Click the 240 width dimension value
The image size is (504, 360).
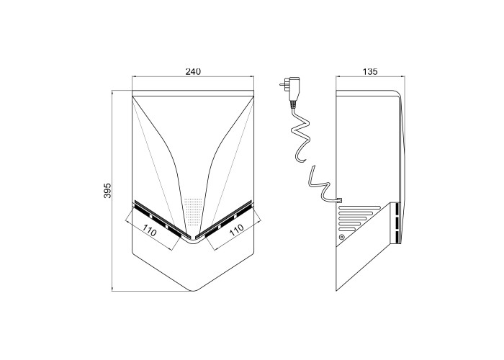(x=193, y=71)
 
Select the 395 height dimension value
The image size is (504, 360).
(x=107, y=191)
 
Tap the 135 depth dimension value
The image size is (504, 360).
(x=370, y=71)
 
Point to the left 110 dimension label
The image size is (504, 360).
(x=150, y=230)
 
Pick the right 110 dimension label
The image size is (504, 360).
(x=236, y=230)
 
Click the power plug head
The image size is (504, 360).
(x=293, y=89)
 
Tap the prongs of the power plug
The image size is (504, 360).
(x=284, y=84)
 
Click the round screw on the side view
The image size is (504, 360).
(x=342, y=238)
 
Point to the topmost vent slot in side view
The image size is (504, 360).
(x=360, y=207)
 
